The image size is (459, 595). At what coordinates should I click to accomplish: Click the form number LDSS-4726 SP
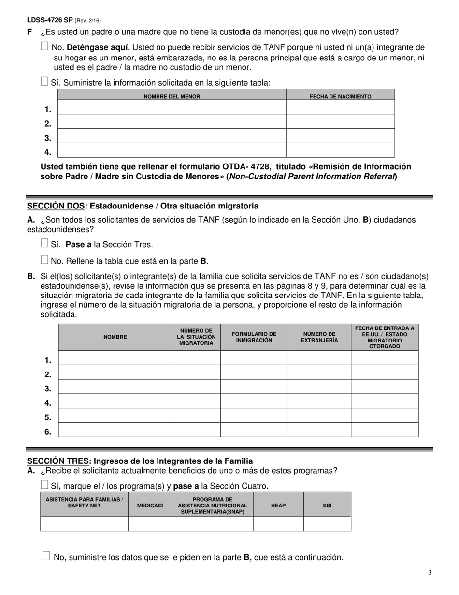coord(50,20)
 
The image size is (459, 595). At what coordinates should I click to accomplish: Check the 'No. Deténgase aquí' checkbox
coord(45,46)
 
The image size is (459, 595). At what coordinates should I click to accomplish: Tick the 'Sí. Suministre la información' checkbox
coord(45,81)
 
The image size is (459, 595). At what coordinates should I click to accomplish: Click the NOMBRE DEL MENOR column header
coord(172,96)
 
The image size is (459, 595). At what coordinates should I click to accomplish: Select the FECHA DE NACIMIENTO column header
coord(340,96)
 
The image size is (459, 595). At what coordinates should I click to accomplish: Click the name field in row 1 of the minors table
coord(172,107)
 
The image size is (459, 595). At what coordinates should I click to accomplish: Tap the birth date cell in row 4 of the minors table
coord(340,150)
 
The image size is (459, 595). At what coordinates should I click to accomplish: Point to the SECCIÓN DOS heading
coord(143,206)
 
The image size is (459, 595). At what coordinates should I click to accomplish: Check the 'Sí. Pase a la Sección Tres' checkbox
coord(45,243)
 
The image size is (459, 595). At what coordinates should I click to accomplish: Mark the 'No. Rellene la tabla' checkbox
coord(45,260)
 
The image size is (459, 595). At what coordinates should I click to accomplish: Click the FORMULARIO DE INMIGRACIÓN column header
coord(254,337)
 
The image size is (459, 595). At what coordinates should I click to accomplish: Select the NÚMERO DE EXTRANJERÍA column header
coord(319,337)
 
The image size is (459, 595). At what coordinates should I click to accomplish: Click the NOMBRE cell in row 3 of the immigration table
coord(115,387)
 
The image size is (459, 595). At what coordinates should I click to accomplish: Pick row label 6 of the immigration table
coord(48,432)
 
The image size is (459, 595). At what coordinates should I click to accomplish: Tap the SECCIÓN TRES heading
coord(140,461)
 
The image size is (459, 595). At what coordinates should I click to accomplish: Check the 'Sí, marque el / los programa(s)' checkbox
coord(45,485)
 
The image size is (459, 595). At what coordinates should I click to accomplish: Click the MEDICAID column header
coord(150,506)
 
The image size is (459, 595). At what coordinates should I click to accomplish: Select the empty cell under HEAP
coord(278,524)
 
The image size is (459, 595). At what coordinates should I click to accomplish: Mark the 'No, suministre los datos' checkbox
coord(46,556)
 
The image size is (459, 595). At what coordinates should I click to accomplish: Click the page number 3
coord(430,573)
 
